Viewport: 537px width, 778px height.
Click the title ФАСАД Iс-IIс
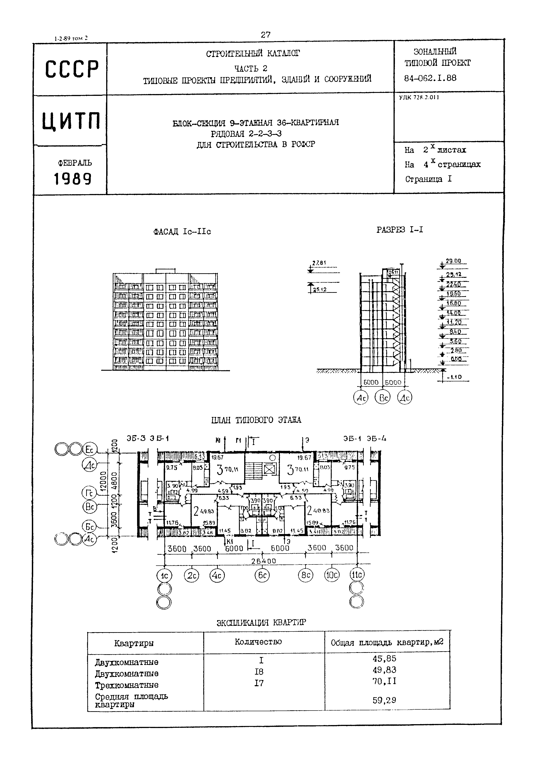[182, 232]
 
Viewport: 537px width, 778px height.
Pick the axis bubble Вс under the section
[383, 398]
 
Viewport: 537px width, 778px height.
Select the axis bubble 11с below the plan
[357, 575]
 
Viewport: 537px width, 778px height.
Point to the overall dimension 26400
[263, 561]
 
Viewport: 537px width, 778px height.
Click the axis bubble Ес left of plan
[90, 450]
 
